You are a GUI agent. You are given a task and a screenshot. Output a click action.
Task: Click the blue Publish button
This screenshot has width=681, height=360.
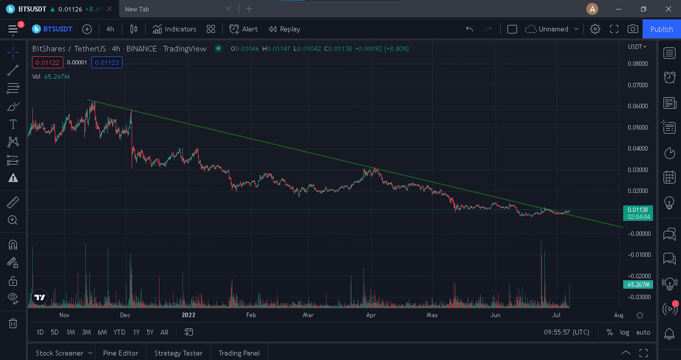tap(661, 29)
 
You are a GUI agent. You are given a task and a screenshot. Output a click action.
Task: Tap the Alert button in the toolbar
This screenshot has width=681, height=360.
tap(243, 29)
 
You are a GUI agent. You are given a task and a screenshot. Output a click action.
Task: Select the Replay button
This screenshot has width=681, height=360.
tap(284, 29)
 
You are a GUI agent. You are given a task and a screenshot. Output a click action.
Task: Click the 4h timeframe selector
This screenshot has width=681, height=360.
tap(110, 29)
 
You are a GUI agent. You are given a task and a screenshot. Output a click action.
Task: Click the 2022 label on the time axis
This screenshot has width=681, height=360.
tap(188, 315)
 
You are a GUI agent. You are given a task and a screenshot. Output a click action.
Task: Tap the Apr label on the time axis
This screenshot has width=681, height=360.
tap(371, 315)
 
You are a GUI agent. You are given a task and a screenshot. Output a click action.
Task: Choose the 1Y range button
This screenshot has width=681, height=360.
tap(136, 332)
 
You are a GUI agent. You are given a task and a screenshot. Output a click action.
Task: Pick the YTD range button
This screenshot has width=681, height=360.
tap(119, 332)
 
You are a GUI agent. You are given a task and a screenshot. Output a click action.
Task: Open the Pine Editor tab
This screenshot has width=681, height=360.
tap(120, 353)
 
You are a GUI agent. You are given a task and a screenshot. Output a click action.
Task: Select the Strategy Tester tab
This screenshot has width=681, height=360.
tap(178, 353)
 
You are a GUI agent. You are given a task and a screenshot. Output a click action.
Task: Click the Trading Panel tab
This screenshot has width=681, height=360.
tap(239, 353)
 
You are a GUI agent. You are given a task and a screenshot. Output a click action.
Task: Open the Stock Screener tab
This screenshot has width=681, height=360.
tap(60, 353)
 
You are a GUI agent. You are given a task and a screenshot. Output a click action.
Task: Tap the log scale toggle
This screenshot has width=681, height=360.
tap(625, 332)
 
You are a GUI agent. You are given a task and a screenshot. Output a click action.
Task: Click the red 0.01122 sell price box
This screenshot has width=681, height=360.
tap(47, 62)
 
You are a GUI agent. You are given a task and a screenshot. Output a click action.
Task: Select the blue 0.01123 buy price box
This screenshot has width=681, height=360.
tap(107, 62)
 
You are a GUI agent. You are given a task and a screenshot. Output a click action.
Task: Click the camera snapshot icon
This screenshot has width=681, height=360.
tap(633, 29)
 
